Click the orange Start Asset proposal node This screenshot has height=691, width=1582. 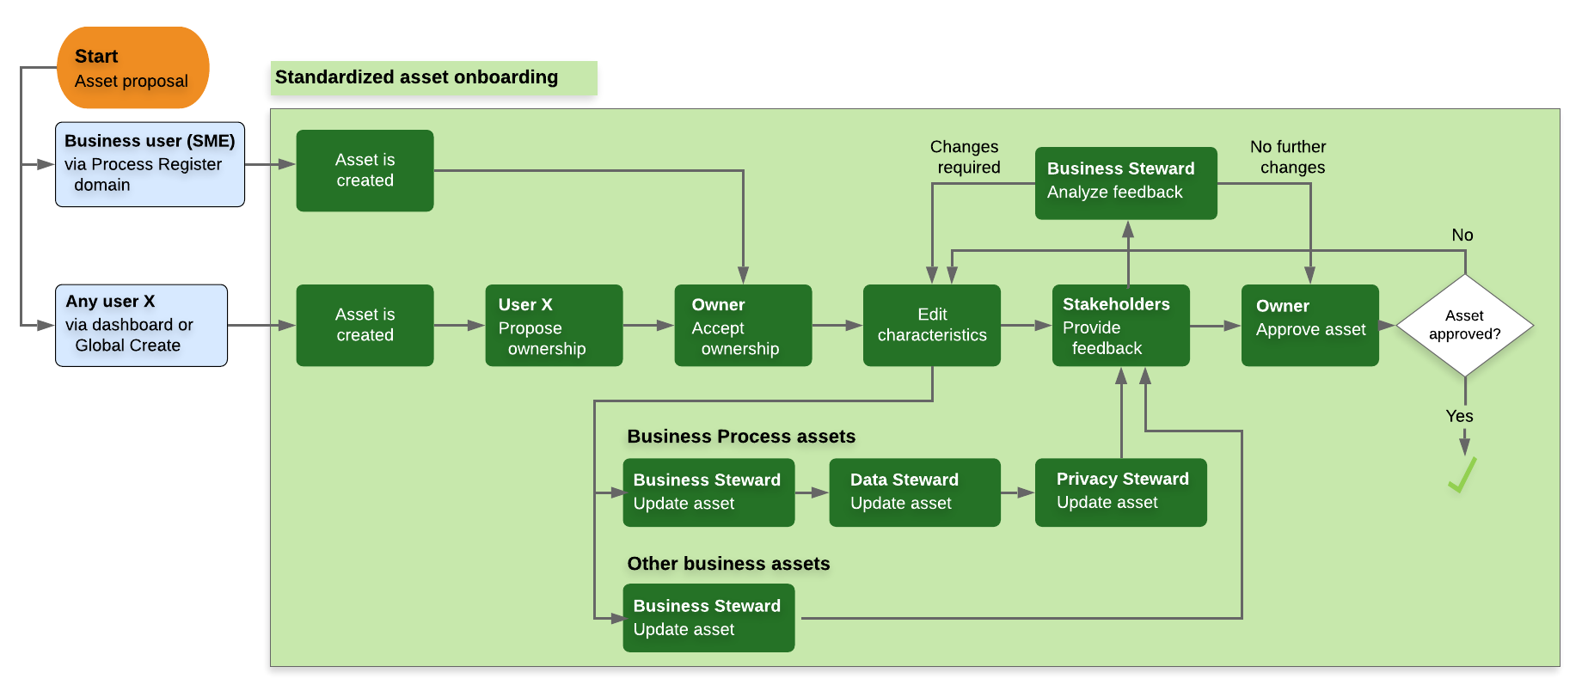[133, 68]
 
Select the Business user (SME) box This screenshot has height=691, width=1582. [150, 164]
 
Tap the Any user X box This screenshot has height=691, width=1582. [141, 325]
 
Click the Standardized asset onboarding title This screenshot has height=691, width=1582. [416, 77]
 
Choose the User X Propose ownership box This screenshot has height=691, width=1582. [554, 326]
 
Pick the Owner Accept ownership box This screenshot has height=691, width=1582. [743, 326]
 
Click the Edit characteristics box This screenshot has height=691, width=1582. [932, 326]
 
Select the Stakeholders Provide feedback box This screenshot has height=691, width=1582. [1121, 326]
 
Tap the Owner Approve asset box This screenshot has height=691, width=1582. [1310, 326]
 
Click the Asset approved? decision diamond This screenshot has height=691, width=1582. [1465, 326]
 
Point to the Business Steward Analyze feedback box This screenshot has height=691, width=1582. [1126, 183]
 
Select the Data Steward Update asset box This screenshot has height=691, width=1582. [915, 492]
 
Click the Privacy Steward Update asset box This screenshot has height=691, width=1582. [1121, 492]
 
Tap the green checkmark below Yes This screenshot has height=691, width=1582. [1462, 474]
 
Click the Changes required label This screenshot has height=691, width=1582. [966, 157]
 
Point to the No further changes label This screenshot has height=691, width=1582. [1290, 157]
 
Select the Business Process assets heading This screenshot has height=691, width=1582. [741, 437]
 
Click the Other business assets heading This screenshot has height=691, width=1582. [728, 564]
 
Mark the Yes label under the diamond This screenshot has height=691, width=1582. [1459, 416]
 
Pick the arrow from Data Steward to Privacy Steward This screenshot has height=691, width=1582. [1018, 492]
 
